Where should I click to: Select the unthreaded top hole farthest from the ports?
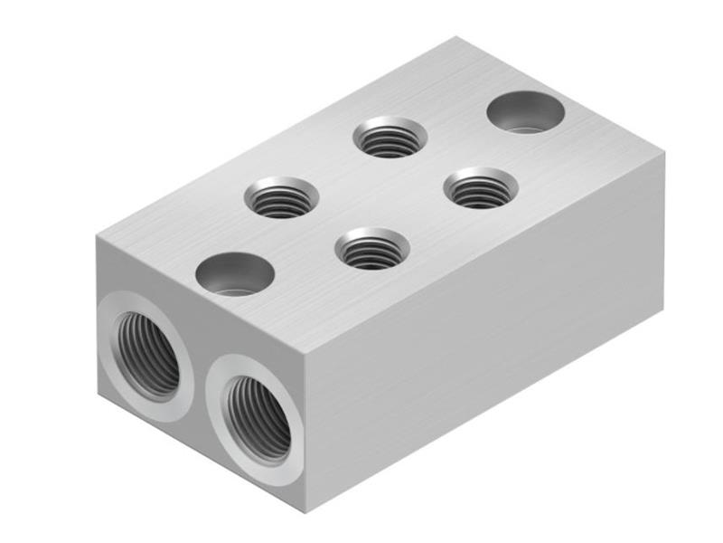tap(525, 112)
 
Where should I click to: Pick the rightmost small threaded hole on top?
tap(481, 188)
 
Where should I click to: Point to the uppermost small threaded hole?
tap(390, 138)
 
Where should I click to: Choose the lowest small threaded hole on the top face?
tap(371, 248)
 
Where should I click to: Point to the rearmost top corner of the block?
tap(455, 38)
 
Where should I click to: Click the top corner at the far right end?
tap(664, 154)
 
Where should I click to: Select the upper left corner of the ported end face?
tap(96, 234)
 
